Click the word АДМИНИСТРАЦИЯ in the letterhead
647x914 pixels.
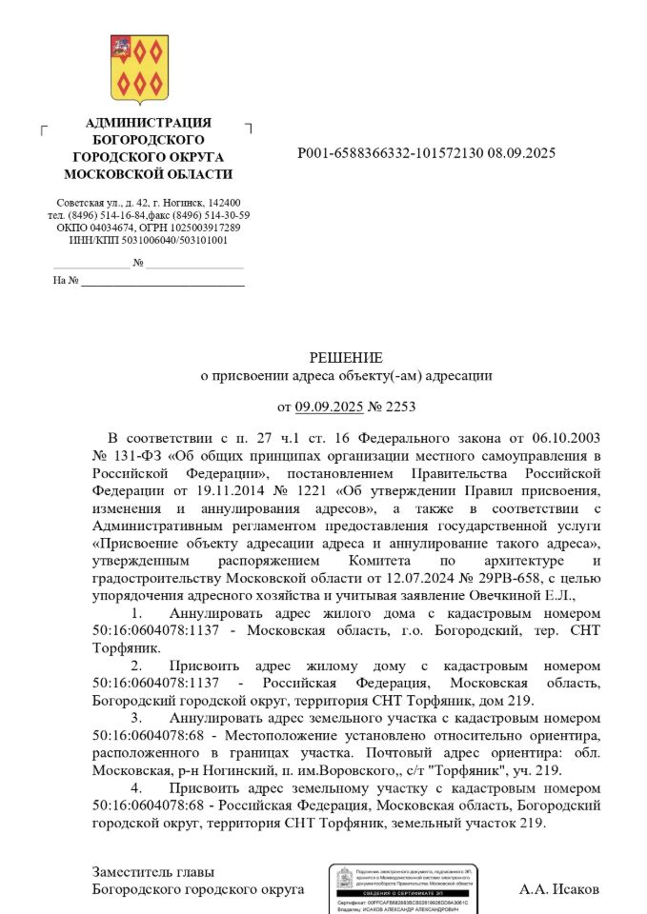(x=148, y=123)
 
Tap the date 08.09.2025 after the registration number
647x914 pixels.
(x=522, y=152)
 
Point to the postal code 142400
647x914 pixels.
(x=223, y=203)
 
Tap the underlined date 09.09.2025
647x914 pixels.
(x=330, y=407)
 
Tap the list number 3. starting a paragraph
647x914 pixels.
(x=136, y=717)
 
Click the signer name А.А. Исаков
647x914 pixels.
(x=559, y=889)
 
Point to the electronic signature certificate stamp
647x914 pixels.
(x=406, y=888)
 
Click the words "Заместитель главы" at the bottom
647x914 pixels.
(x=153, y=871)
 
